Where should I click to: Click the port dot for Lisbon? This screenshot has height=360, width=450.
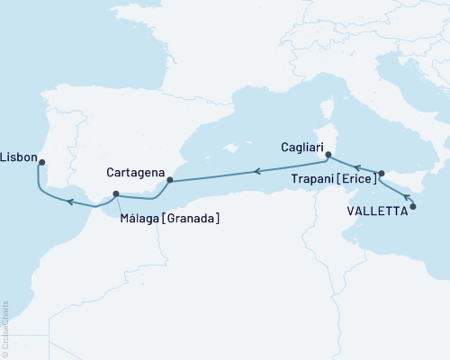[41, 163]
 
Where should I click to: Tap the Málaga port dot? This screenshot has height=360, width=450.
[115, 193]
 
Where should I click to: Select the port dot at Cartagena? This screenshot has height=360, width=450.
[169, 181]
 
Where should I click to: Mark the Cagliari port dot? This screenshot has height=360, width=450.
[328, 156]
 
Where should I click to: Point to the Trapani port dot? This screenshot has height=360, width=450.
[382, 174]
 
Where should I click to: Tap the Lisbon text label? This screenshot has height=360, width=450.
[18, 156]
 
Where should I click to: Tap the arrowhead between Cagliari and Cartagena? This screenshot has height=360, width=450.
[256, 170]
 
